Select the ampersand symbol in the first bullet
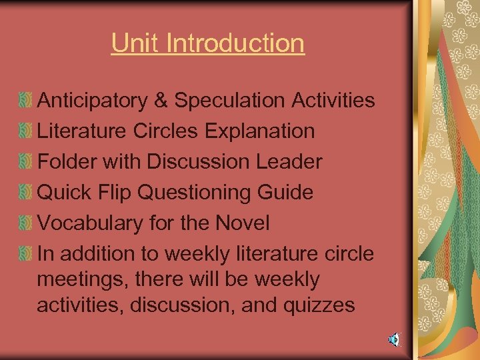point(162,101)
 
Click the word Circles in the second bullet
point(165,131)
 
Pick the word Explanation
point(259,131)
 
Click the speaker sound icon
point(395,341)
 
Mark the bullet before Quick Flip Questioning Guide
point(25,193)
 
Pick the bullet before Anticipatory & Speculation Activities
point(25,101)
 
